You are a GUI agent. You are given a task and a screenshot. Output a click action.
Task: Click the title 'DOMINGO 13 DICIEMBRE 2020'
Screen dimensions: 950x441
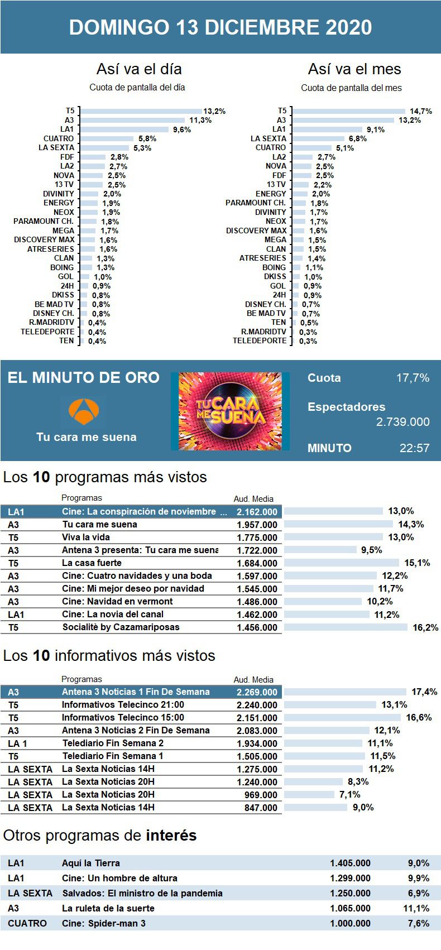coord(220,27)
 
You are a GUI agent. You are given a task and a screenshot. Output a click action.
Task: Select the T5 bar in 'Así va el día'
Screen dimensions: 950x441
coord(141,111)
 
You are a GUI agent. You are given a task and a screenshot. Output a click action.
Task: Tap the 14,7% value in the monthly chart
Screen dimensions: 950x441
coord(421,111)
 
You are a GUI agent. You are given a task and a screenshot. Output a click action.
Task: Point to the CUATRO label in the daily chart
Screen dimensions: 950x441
coord(59,138)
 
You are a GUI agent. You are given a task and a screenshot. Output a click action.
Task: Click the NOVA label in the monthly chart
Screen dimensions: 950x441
coord(276,166)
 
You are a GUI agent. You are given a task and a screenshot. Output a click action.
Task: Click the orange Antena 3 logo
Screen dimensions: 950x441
coord(83,411)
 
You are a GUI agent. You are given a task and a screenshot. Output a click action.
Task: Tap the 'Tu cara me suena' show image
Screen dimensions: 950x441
coord(230,411)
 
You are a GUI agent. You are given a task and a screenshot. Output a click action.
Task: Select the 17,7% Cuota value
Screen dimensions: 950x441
coord(413,378)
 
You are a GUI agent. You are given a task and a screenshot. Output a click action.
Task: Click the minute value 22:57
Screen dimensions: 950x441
coord(414,448)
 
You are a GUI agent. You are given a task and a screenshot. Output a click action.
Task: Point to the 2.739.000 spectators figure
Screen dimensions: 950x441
coord(402,422)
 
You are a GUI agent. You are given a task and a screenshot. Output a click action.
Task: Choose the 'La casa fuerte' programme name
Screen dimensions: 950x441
coord(92,563)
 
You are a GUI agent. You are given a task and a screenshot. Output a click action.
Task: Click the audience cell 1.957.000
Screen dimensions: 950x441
coord(257,525)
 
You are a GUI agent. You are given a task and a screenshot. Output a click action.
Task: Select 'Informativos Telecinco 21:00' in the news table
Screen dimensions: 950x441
coord(123,704)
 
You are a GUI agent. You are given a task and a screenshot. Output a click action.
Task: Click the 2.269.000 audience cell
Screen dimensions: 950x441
coord(257,692)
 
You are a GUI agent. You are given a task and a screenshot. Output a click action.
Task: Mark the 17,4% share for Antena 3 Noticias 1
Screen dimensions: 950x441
coord(424,692)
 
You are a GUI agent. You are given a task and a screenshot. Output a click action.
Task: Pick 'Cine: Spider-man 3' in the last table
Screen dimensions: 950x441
coord(104,923)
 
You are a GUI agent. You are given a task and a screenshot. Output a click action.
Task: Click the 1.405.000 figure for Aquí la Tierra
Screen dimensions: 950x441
coord(350,863)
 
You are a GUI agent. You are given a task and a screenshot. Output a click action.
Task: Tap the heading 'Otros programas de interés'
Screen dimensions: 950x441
coord(100,836)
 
